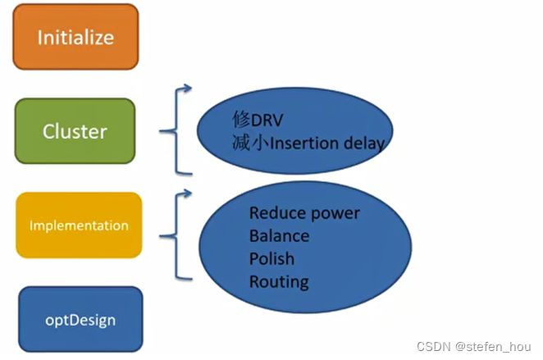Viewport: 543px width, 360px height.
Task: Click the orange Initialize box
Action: [x=75, y=37]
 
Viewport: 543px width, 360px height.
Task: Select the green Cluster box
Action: [x=75, y=130]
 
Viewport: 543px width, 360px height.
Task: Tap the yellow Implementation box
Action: [x=79, y=225]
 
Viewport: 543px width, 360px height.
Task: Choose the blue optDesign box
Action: [x=80, y=318]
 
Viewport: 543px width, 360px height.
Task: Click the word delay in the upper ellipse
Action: [x=364, y=143]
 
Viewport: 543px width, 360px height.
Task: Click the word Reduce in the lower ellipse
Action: [x=276, y=213]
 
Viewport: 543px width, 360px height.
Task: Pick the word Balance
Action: [x=280, y=236]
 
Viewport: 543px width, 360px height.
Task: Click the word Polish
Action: [x=271, y=259]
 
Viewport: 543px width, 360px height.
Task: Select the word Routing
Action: [x=279, y=282]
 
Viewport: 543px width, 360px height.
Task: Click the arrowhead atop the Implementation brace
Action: [x=188, y=194]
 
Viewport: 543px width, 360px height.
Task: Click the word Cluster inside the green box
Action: [x=75, y=130]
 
